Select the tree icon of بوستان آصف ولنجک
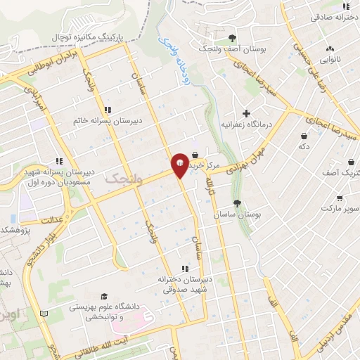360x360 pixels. (x=233, y=38)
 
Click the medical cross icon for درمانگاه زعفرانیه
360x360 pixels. (x=245, y=113)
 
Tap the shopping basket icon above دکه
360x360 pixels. (x=304, y=136)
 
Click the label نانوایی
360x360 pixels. (x=329, y=60)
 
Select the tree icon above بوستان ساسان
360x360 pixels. (x=238, y=203)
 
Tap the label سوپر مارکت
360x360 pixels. (x=340, y=209)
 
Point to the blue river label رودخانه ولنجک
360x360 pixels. (x=167, y=50)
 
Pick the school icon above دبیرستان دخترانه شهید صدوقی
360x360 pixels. (x=185, y=269)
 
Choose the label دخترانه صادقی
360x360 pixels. (x=330, y=15)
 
